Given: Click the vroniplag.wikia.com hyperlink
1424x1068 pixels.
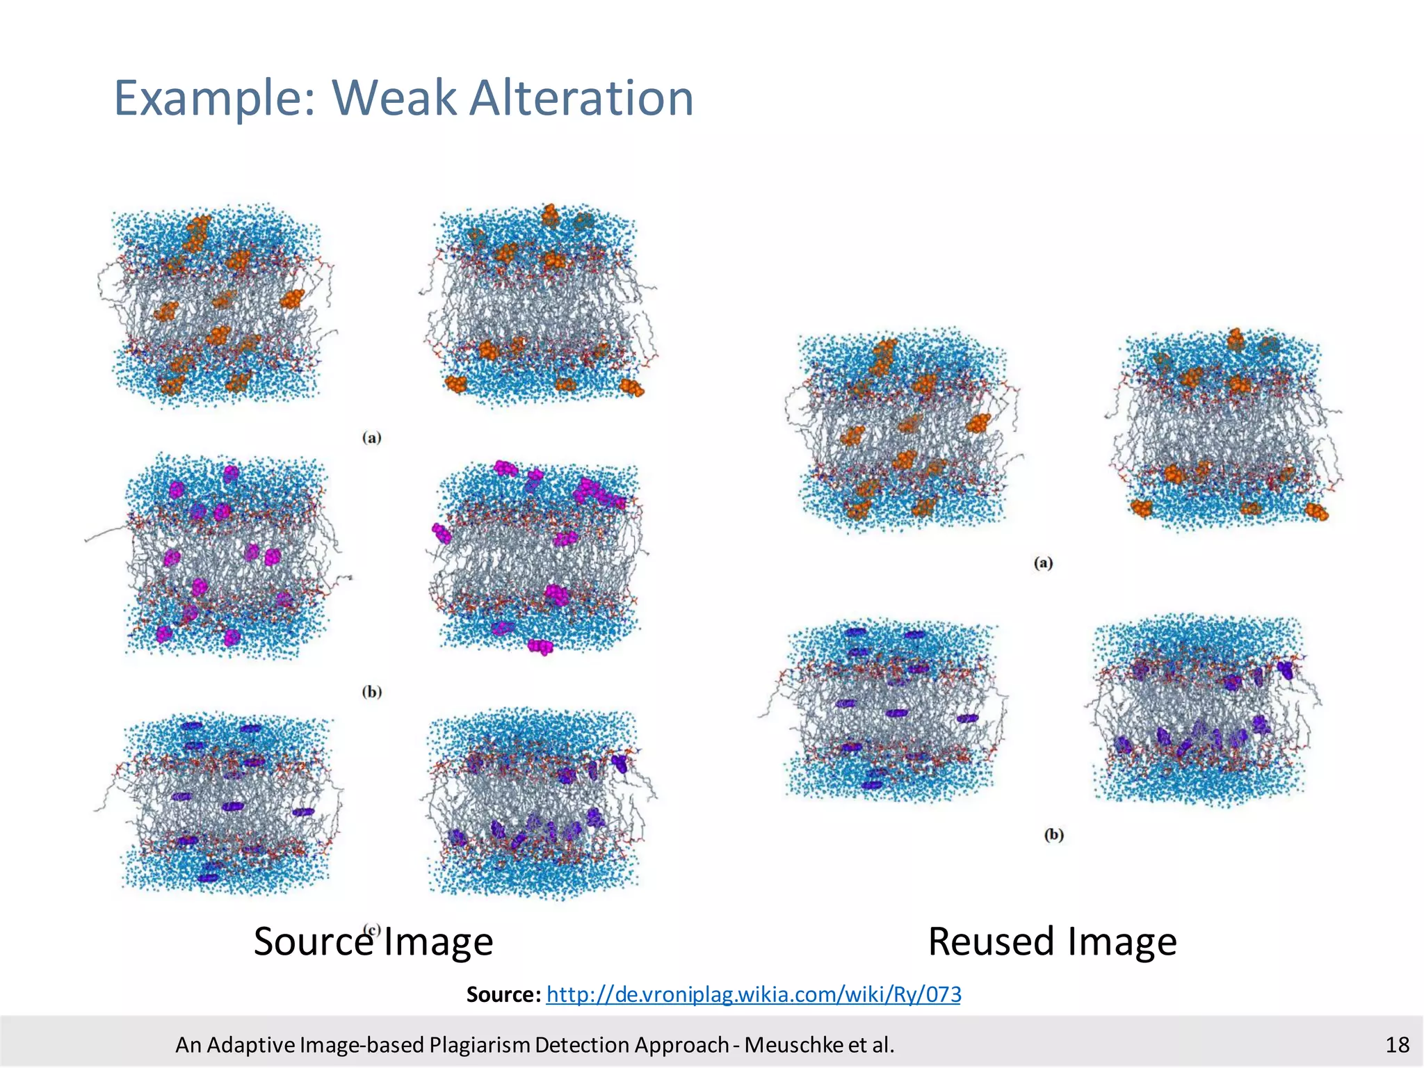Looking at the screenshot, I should tap(754, 994).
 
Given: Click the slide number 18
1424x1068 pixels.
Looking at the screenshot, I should tap(1397, 1044).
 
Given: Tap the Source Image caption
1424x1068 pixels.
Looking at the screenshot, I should tap(373, 941).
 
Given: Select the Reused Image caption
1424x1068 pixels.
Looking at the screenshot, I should tap(1052, 941).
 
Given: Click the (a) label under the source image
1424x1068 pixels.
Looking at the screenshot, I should tap(372, 437).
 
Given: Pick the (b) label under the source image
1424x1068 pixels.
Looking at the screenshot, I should tap(372, 691).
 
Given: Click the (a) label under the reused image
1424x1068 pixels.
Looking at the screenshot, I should tap(1043, 563).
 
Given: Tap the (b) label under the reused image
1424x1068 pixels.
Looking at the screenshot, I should tap(1054, 834).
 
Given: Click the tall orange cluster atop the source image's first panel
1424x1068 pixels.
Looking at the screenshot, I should tap(196, 234).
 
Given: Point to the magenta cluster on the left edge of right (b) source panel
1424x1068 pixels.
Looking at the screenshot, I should tap(441, 533).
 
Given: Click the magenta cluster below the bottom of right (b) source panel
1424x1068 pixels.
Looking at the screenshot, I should tap(540, 647).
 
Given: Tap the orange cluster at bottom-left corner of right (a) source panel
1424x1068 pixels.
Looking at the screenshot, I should tap(456, 383).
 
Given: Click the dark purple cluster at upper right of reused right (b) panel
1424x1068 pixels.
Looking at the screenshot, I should tap(1285, 670).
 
